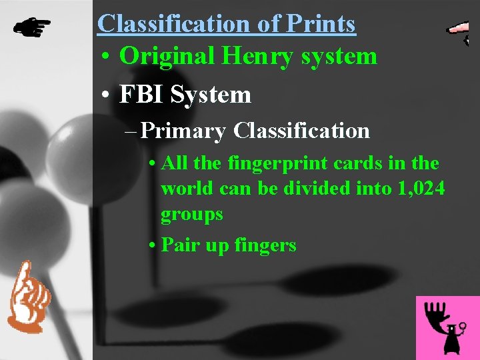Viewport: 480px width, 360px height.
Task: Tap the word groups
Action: [x=191, y=215]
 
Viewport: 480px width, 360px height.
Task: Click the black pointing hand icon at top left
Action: [x=32, y=27]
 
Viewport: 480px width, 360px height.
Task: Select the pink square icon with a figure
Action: [x=447, y=327]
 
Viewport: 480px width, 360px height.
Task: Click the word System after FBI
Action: [x=211, y=95]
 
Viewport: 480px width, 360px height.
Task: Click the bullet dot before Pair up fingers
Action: [x=153, y=246]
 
